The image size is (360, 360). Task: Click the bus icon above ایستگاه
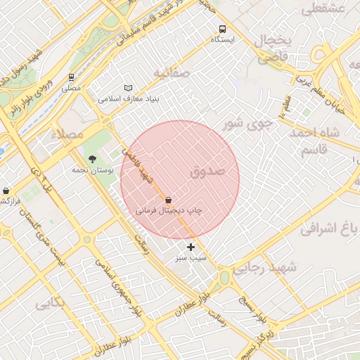coord(222,30)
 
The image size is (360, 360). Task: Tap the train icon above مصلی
coord(71,77)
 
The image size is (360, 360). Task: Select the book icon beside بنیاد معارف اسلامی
coord(128,88)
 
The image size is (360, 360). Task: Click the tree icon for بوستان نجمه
coord(91,158)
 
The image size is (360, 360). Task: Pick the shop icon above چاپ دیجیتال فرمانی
coord(167,200)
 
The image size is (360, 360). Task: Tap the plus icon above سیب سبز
coord(191,247)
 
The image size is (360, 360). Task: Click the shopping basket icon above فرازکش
coord(6,191)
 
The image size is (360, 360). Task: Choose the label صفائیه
coord(171,72)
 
